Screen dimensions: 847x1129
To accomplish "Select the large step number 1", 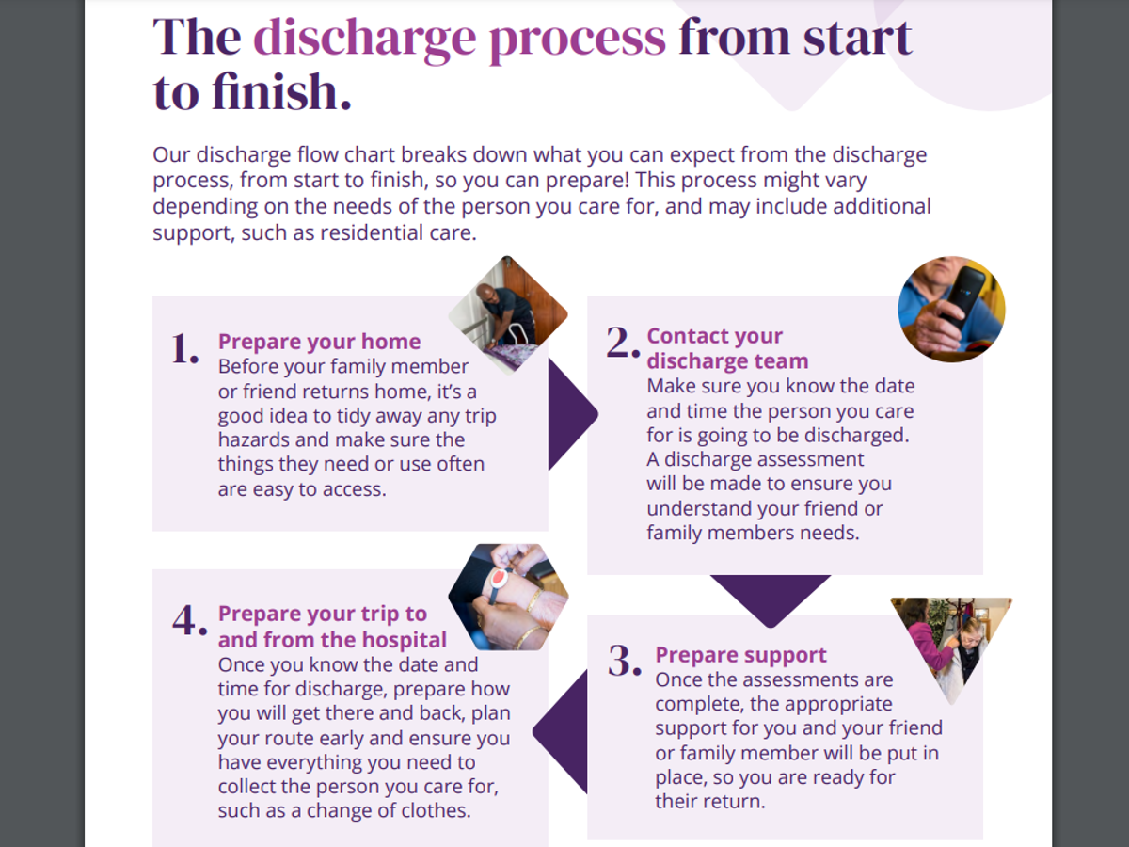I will [184, 348].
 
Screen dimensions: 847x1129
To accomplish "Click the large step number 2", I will [623, 343].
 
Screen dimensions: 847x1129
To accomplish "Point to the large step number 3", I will [625, 661].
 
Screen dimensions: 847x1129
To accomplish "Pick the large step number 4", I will [189, 620].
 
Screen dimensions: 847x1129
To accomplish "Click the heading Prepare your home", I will [319, 342].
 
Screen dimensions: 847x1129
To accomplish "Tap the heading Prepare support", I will [740, 655].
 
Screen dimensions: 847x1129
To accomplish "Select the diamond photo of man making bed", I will [507, 315].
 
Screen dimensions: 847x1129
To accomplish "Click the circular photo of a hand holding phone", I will [951, 309].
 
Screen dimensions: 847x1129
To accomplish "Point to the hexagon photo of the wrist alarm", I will [508, 599].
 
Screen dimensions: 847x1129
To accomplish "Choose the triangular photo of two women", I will [950, 640].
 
